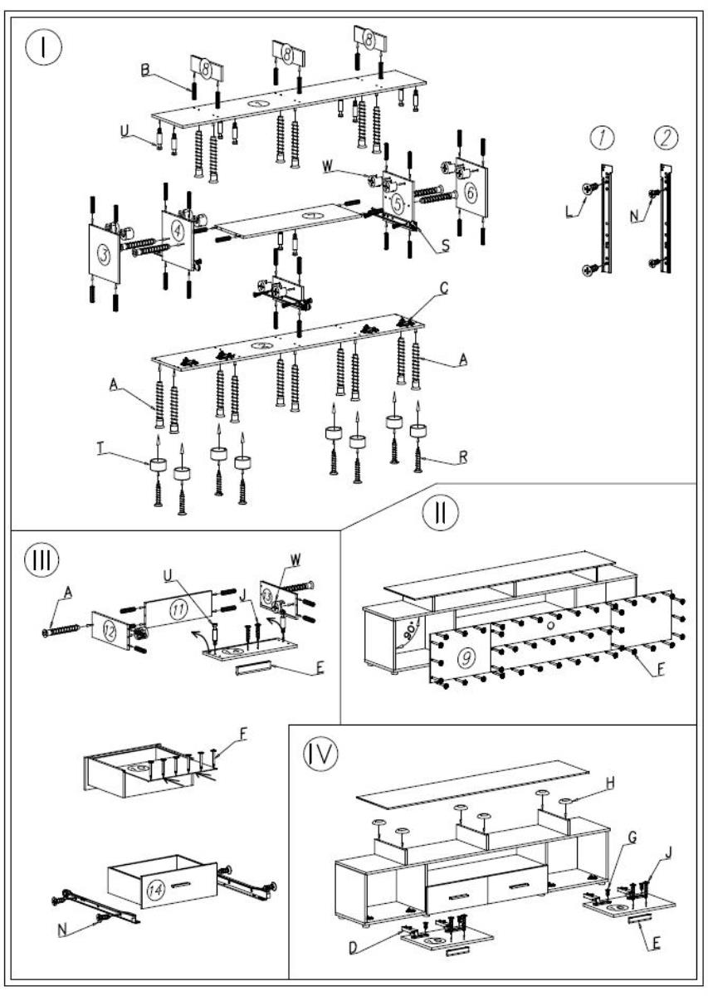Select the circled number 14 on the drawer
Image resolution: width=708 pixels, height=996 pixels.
pyautogui.click(x=154, y=886)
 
